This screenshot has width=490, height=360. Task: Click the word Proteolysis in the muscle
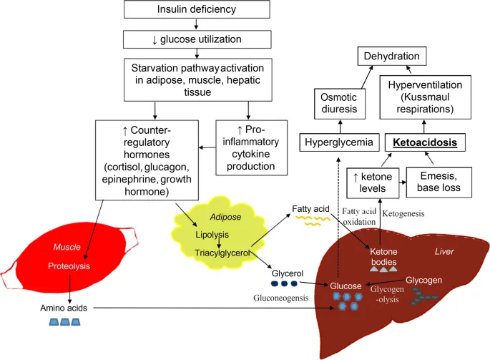(x=68, y=266)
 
